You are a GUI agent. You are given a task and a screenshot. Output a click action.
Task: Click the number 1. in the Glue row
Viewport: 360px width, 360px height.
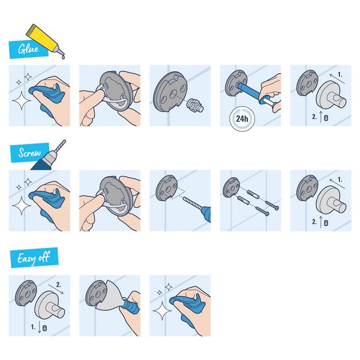coord(341,74)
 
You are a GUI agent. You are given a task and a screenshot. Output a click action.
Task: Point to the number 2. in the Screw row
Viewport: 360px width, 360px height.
coord(315,220)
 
